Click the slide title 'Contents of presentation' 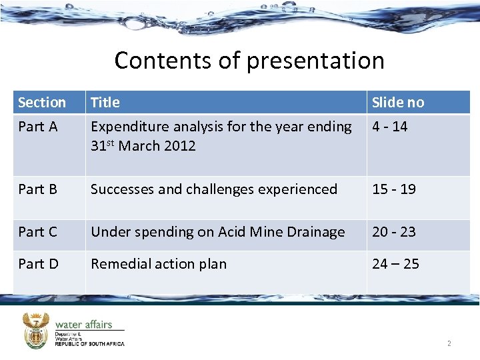(249, 61)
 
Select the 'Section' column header (41, 103)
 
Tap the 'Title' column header (105, 103)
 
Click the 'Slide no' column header (397, 103)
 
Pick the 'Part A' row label (38, 127)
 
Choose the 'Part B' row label (38, 189)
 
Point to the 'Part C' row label (38, 232)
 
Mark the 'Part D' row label (38, 264)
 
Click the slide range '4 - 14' (389, 127)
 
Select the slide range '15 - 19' (393, 189)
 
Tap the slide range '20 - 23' (393, 232)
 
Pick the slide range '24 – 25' (395, 264)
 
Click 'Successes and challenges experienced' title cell (213, 189)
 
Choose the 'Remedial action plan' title (158, 264)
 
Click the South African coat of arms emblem (35, 330)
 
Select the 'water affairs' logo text (83, 325)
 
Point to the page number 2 (449, 344)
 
